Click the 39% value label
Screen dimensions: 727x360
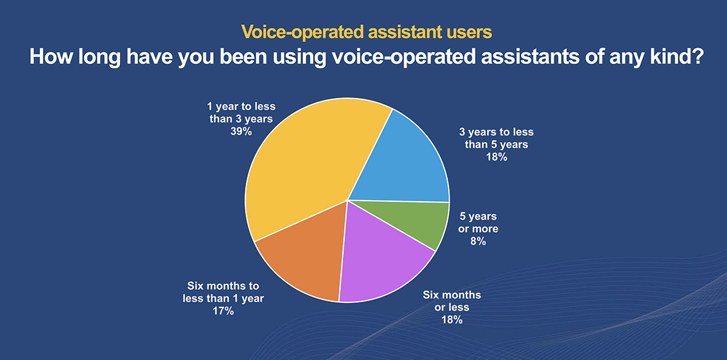click(241, 132)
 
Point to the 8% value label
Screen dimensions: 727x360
click(478, 241)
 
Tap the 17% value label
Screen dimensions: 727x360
click(224, 311)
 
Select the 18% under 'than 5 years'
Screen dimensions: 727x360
click(497, 157)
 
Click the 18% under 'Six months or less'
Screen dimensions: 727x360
click(452, 320)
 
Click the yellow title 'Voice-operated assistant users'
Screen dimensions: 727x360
click(367, 32)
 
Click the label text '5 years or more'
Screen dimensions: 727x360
click(478, 222)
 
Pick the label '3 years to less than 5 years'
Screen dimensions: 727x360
click(497, 138)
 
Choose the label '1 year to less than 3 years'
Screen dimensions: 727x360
click(241, 113)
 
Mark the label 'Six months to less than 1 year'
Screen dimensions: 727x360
click(224, 292)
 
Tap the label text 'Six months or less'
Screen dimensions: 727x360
click(452, 301)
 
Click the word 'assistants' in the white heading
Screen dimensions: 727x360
click(530, 56)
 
